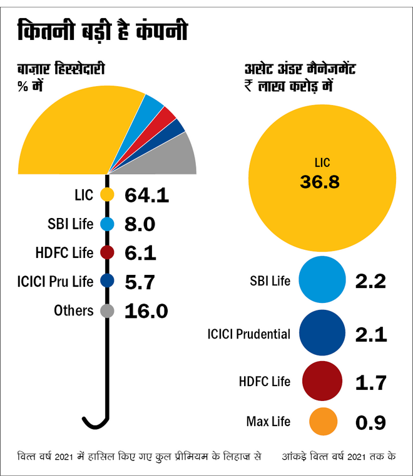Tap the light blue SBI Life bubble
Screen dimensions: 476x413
(322, 280)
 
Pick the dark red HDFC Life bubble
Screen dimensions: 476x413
(322, 381)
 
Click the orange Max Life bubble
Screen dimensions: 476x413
(323, 422)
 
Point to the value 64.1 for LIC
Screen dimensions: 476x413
(147, 195)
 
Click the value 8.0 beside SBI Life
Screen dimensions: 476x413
(140, 224)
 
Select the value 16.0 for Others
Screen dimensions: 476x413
(146, 310)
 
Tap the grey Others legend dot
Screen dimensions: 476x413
(107, 310)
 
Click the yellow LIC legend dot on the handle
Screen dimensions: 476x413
(107, 195)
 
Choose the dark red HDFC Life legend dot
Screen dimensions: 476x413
(107, 253)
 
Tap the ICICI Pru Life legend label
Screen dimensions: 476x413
(54, 282)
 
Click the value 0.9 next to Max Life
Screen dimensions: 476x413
(370, 422)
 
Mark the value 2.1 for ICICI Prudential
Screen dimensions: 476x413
(370, 334)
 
